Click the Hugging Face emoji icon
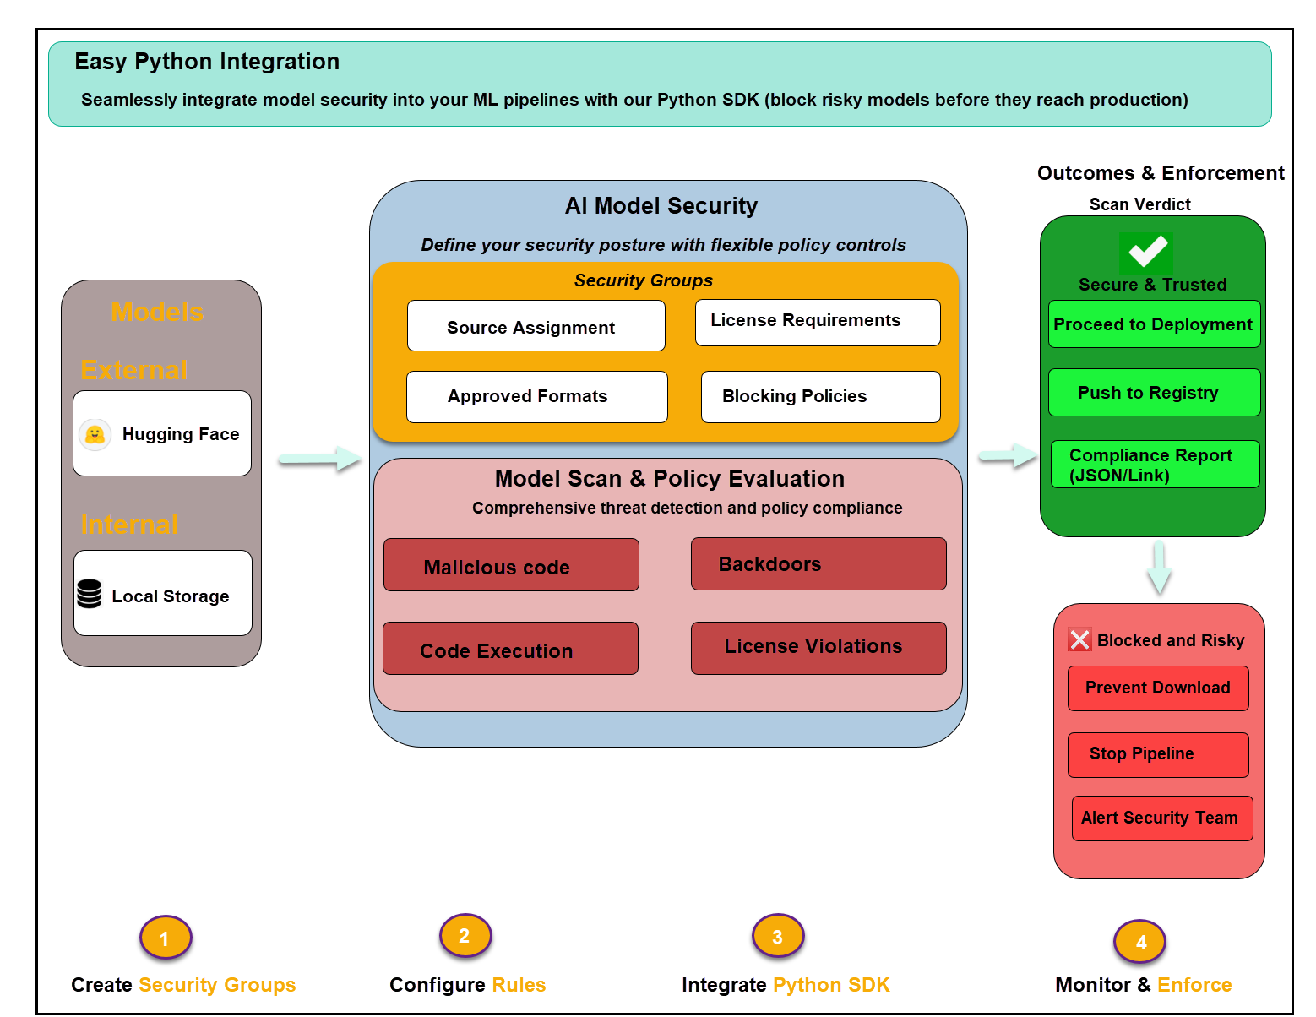pyautogui.click(x=95, y=434)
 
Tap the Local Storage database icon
pyautogui.click(x=89, y=594)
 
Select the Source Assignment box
pyautogui.click(x=536, y=326)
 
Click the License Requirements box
pyautogui.click(x=817, y=322)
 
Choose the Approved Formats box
pyautogui.click(x=536, y=396)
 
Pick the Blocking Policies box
pyautogui.click(x=820, y=396)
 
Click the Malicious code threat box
pyautogui.click(x=511, y=565)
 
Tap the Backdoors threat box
pyautogui.click(x=818, y=563)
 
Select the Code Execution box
pyautogui.click(x=510, y=649)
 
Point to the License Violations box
pyautogui.click(x=818, y=648)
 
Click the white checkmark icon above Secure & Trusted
pyautogui.click(x=1147, y=251)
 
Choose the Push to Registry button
pyautogui.click(x=1154, y=393)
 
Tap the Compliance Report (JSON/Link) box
pyautogui.click(x=1155, y=465)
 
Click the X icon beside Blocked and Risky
pyautogui.click(x=1079, y=639)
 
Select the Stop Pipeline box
pyautogui.click(x=1157, y=754)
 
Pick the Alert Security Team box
pyautogui.click(x=1161, y=818)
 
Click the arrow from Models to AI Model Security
pyautogui.click(x=319, y=459)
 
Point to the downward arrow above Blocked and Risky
pyautogui.click(x=1159, y=567)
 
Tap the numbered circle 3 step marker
pyautogui.click(x=777, y=936)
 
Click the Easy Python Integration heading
pyautogui.click(x=207, y=62)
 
